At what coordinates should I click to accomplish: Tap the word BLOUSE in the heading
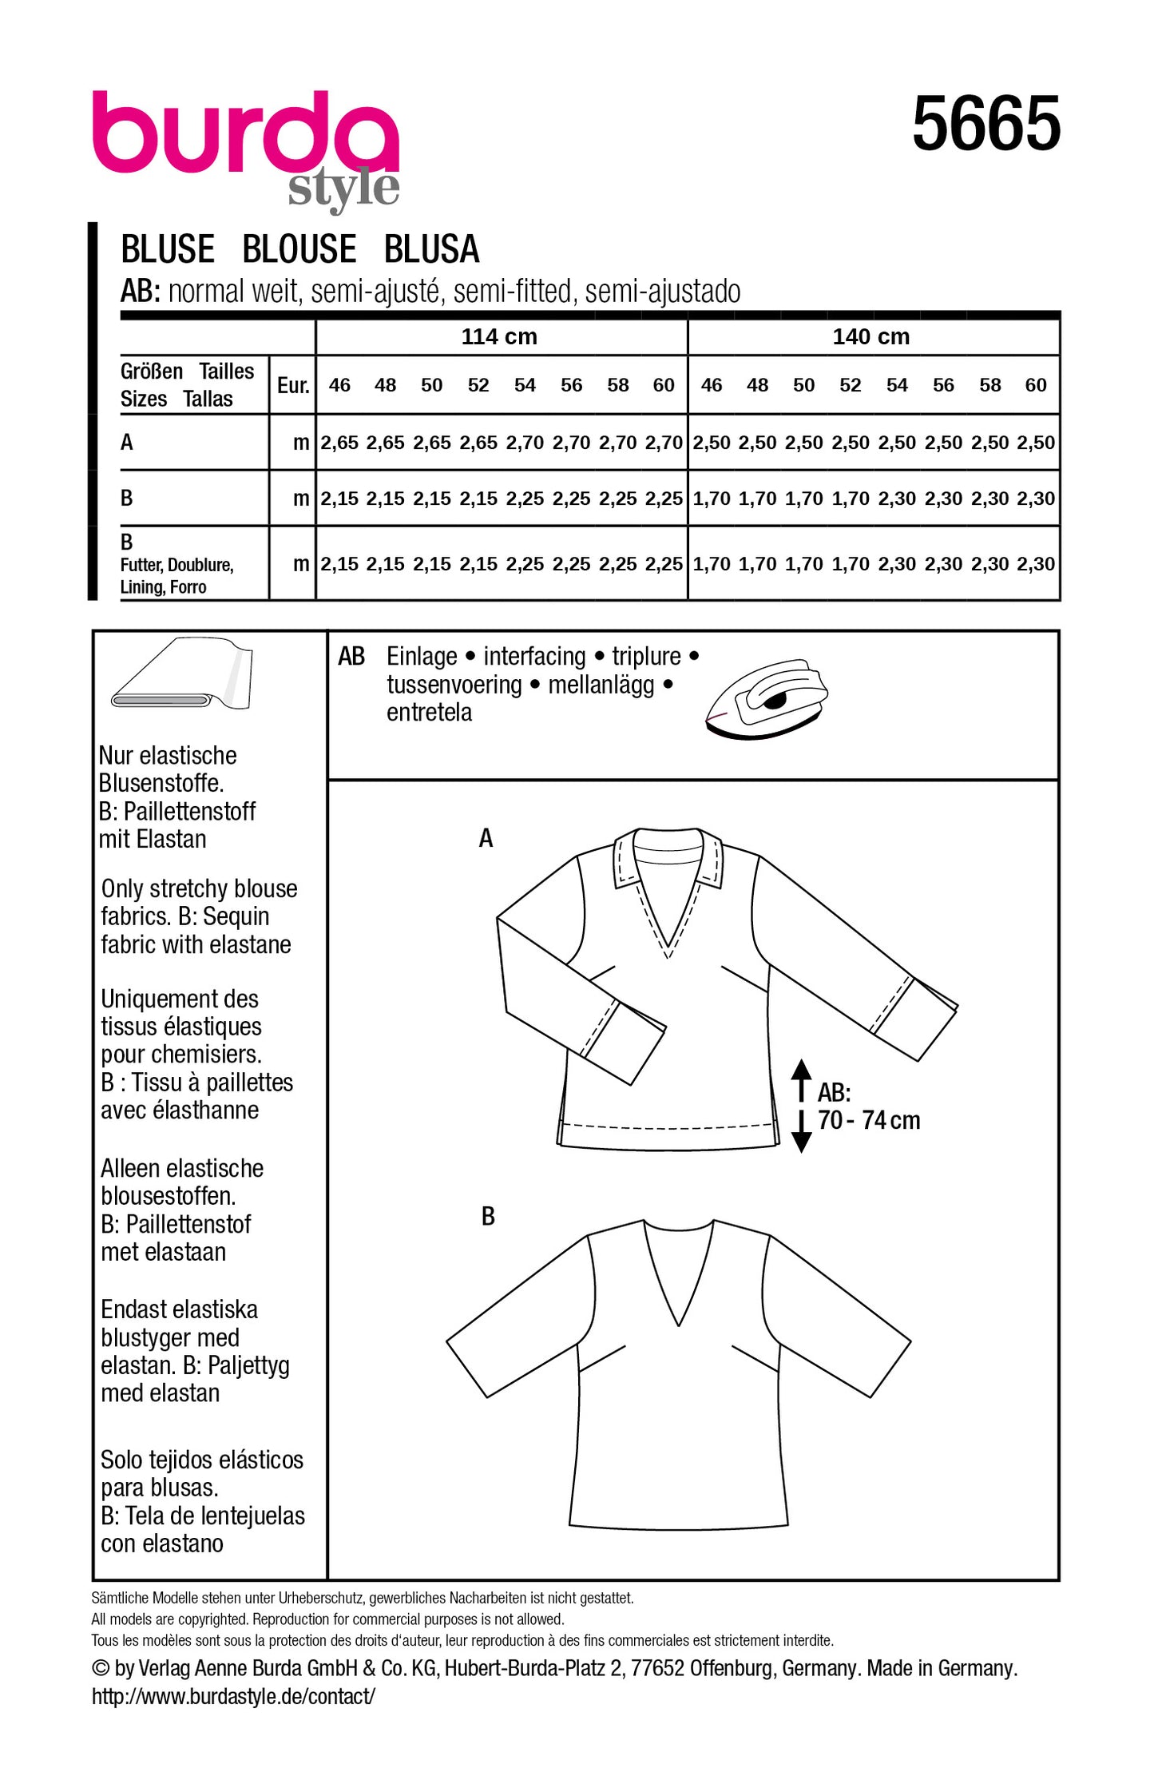[x=299, y=249]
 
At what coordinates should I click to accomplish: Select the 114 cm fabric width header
[x=499, y=336]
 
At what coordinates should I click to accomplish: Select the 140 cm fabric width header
[x=870, y=336]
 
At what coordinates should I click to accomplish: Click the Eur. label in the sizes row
[x=293, y=386]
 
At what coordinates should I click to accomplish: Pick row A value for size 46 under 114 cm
[x=339, y=443]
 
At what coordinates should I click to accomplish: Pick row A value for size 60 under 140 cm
[x=1036, y=443]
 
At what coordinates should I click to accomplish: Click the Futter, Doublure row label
[x=176, y=566]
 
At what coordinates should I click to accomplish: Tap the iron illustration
[x=767, y=697]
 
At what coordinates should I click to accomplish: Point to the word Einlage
[x=422, y=657]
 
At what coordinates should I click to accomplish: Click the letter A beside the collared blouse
[x=486, y=838]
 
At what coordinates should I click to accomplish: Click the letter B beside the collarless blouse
[x=488, y=1217]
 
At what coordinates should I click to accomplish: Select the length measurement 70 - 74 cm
[x=869, y=1120]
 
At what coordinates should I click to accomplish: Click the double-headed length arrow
[x=802, y=1106]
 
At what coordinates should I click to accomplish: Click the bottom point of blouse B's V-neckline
[x=678, y=1325]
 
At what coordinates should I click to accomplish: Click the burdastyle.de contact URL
[x=233, y=1696]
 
